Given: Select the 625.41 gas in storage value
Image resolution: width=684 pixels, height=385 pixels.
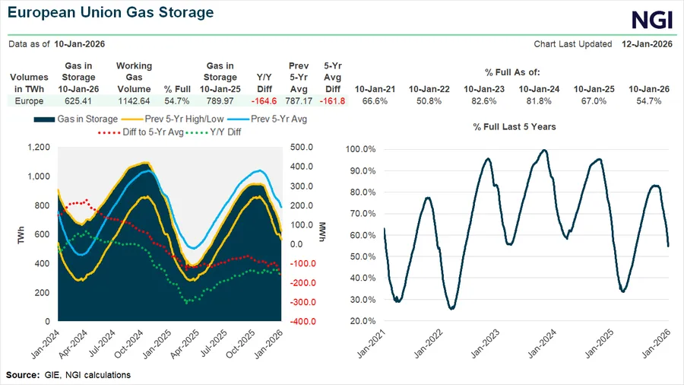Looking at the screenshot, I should (x=79, y=100).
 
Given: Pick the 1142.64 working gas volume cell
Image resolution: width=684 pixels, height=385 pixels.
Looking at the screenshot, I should (x=134, y=100).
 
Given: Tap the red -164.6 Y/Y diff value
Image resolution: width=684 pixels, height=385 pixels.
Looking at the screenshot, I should (x=259, y=100).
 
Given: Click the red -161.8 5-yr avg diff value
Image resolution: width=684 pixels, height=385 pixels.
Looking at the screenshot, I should (x=333, y=100).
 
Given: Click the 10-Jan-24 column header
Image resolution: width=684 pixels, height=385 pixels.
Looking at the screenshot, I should (x=539, y=89).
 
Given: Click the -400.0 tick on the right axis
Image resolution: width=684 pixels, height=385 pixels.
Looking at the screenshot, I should (x=302, y=321).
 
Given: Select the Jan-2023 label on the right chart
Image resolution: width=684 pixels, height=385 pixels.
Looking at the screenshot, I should (x=487, y=344).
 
